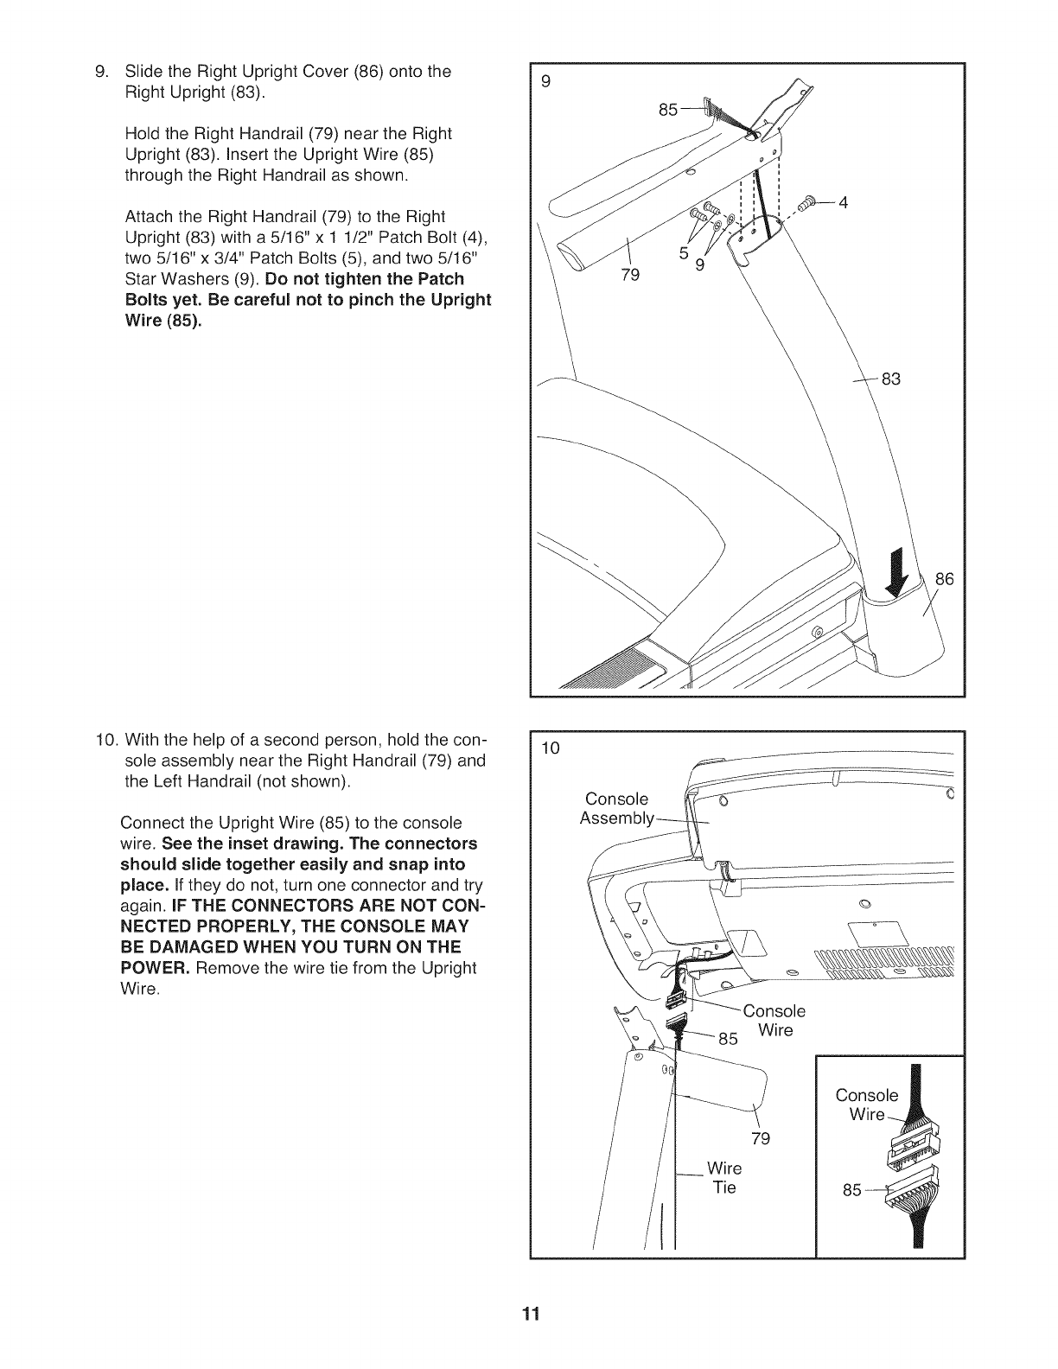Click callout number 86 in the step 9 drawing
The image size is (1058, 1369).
(944, 579)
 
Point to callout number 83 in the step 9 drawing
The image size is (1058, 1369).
(890, 379)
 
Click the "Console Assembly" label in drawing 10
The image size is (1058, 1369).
(616, 808)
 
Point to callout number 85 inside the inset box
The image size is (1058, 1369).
(852, 1190)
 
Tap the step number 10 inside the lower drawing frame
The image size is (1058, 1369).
(551, 748)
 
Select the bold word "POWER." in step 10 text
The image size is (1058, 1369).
(156, 967)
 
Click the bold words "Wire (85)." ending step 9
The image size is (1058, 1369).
(166, 321)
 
